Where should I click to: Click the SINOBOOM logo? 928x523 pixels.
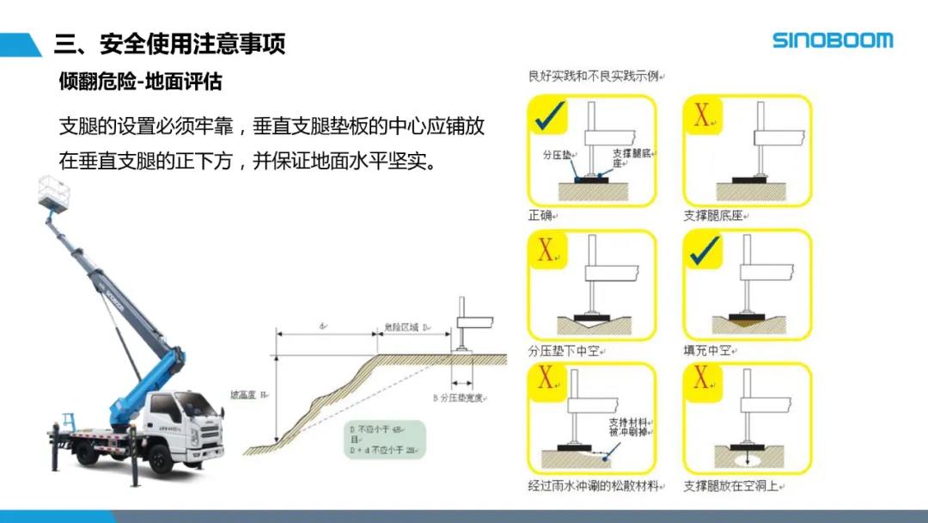[832, 40]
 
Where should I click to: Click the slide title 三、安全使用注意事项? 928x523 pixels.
[168, 43]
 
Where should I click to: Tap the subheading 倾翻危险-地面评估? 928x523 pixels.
[140, 82]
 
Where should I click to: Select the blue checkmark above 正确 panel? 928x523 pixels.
[549, 117]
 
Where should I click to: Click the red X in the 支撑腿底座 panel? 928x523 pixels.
[701, 116]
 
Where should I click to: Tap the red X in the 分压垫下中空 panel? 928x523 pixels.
[546, 250]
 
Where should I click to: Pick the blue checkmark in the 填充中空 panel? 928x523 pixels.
[706, 249]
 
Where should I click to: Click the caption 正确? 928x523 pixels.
[540, 215]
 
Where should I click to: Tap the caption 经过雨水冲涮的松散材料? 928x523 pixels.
[594, 486]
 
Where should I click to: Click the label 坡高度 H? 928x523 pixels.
[249, 395]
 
